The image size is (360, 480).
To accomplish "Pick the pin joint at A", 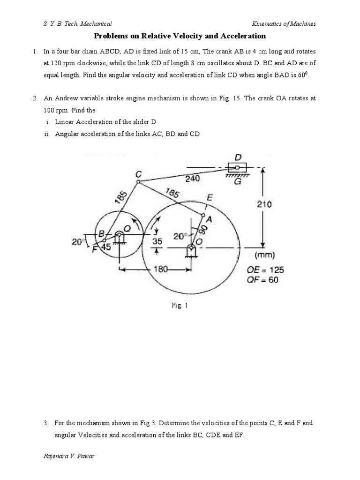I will click(203, 216).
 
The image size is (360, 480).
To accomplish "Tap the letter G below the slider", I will click(238, 181).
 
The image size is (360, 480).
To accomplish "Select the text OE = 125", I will click(265, 270).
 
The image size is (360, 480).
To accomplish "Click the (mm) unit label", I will click(265, 256).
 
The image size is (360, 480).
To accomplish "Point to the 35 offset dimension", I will click(157, 242).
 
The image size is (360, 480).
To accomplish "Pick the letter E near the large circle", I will click(209, 198).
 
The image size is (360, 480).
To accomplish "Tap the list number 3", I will click(46, 423).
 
